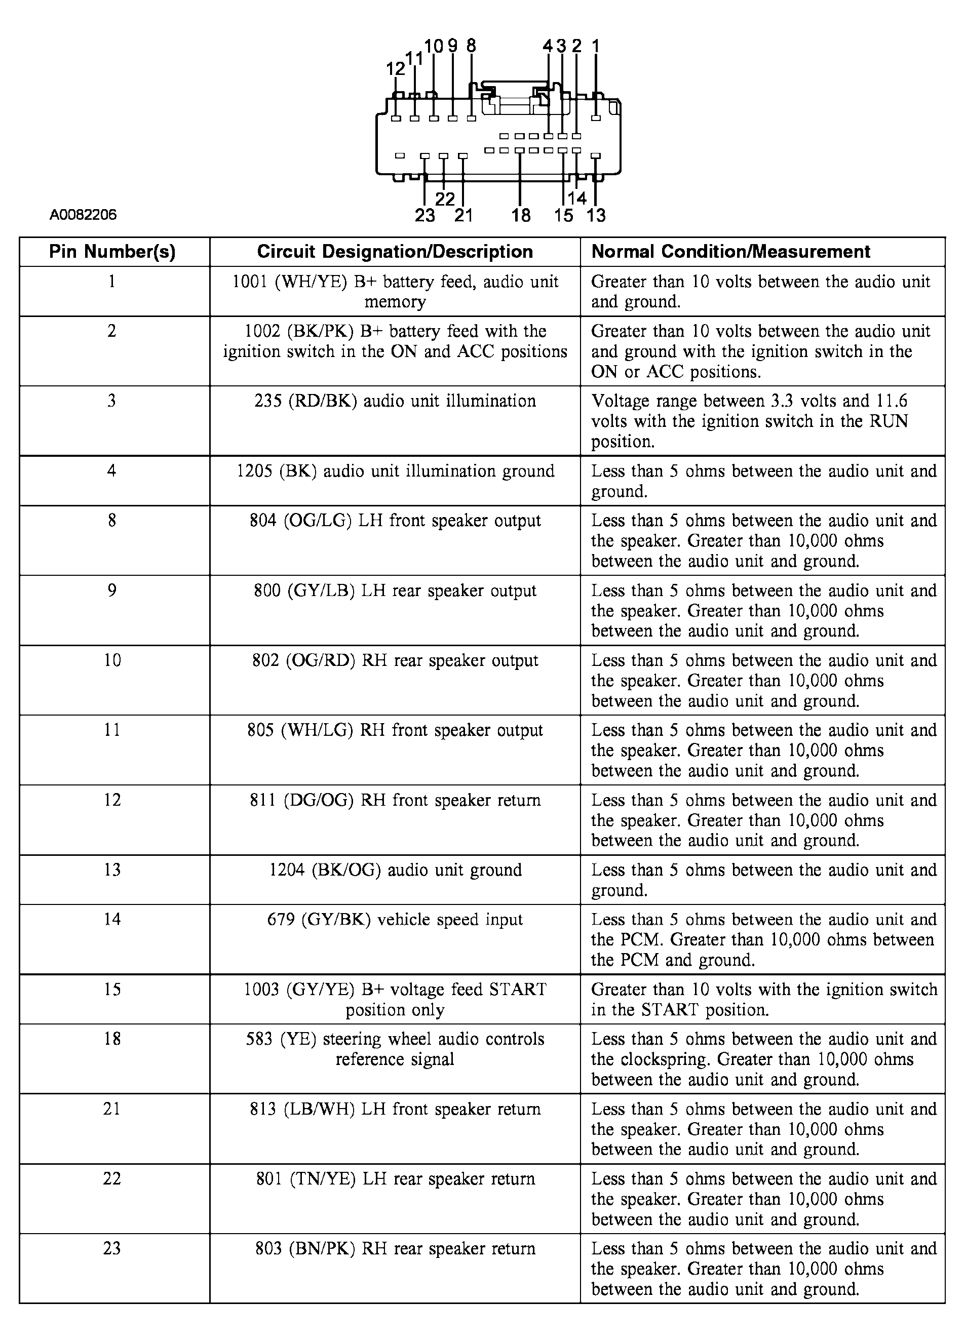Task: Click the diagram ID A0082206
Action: coord(83,214)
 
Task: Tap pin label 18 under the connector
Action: coord(521,215)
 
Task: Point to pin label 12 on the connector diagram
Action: coord(396,69)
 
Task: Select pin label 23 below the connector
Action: coord(425,215)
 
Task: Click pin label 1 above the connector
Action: coord(596,46)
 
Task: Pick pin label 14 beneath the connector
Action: coord(576,198)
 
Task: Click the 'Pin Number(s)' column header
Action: coord(112,252)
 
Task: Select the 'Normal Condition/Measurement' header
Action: coord(730,252)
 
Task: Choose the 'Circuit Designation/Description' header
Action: coord(395,252)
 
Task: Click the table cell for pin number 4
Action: coord(112,471)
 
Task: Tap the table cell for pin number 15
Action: coord(112,990)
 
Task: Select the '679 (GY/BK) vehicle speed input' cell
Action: coord(395,920)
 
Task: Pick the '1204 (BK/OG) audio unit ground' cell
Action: coord(395,870)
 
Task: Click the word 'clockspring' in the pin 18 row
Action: coord(666,1059)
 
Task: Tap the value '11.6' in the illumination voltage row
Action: coord(891,401)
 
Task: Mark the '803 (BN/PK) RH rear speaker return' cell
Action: coord(395,1248)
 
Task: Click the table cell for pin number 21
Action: coord(112,1109)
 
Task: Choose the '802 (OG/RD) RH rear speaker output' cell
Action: coord(395,660)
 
